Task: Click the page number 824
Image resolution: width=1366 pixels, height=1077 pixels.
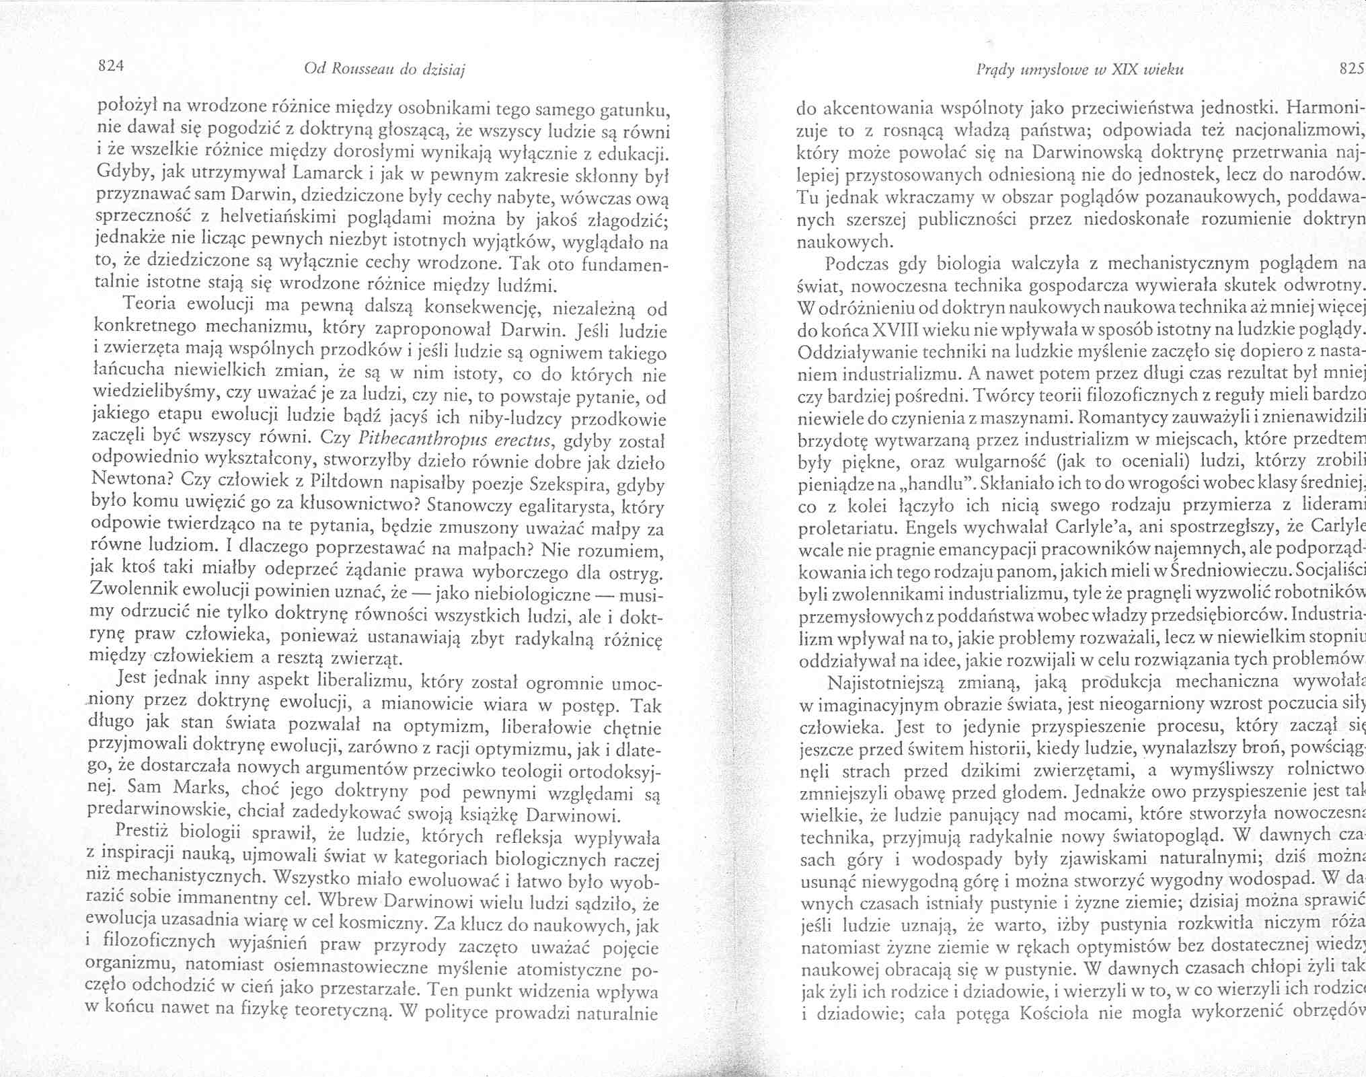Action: tap(111, 67)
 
